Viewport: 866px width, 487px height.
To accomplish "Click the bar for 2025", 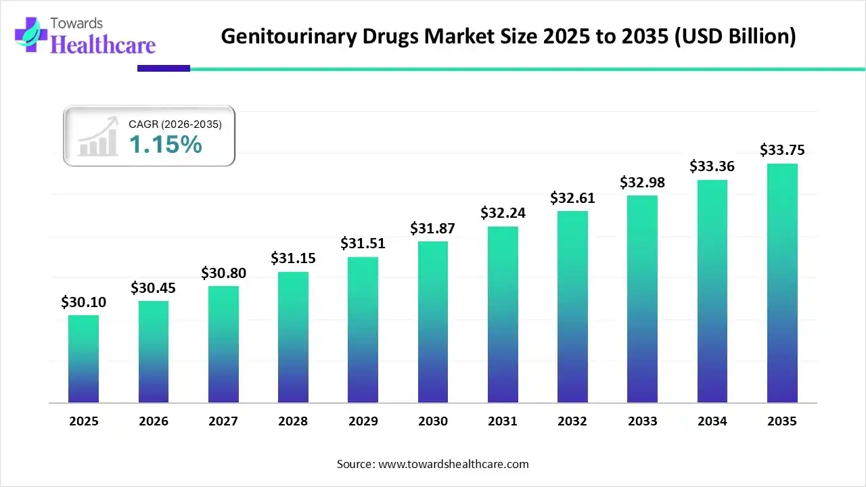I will point(83,358).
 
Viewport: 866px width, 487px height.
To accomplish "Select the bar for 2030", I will point(433,321).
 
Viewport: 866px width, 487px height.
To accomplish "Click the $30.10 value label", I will point(83,302).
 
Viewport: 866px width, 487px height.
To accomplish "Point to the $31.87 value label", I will point(433,229).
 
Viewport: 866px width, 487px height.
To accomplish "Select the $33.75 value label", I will point(782,149).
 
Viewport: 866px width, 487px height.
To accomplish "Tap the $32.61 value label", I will point(572,198).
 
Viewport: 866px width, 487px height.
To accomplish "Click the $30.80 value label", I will point(223,273).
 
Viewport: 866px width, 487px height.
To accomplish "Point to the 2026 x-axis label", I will point(154,421).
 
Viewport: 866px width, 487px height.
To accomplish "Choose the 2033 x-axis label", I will point(642,421).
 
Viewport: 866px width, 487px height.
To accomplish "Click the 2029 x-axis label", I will point(363,421).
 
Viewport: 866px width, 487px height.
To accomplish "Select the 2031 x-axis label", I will point(503,421).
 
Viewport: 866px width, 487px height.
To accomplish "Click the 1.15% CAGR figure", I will point(165,144).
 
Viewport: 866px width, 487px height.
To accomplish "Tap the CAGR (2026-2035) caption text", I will point(175,124).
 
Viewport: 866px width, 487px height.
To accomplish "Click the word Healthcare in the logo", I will point(103,45).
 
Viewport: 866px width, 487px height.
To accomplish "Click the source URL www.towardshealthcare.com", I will point(451,464).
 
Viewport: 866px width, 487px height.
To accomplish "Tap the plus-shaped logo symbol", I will point(27,34).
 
